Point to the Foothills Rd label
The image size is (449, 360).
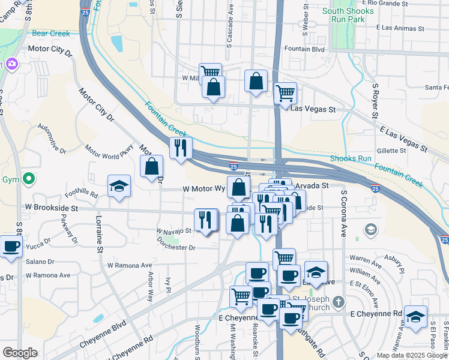tap(83, 193)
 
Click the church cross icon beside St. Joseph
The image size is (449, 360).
tap(339, 302)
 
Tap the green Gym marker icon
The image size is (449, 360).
tap(28, 179)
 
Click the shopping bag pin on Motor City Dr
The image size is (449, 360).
tap(152, 166)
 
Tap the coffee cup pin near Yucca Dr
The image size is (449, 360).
tap(11, 246)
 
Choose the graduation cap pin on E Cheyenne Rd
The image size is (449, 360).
tap(415, 316)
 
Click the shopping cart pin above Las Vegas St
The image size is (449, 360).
tap(285, 93)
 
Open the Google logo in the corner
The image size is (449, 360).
tap(20, 353)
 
